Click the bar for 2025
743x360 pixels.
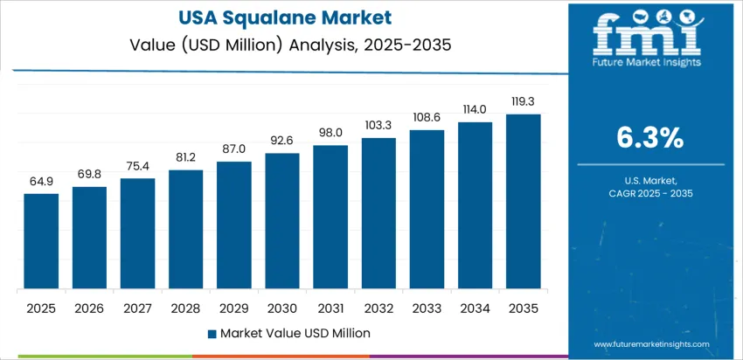point(41,241)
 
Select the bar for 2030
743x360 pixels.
point(282,221)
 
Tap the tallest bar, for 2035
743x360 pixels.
point(523,202)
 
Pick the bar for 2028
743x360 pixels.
point(185,230)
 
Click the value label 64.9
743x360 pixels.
point(41,182)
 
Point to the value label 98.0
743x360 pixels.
point(330,133)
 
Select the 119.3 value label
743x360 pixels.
point(523,101)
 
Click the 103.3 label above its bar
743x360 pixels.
point(378,125)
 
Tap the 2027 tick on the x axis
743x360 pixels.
point(137,308)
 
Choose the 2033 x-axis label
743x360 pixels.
point(427,308)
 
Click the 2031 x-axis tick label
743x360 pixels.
point(330,308)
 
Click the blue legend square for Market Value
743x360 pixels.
point(212,333)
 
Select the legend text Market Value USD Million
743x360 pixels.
point(295,333)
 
